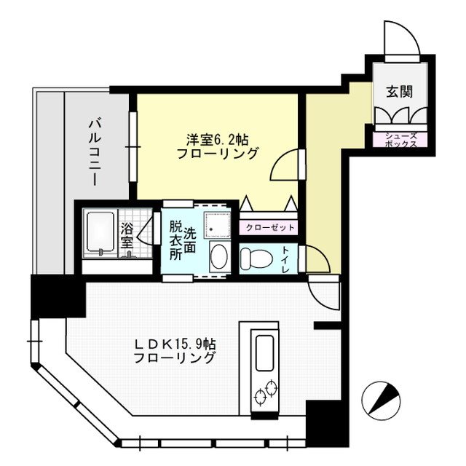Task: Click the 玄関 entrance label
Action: pos(399,92)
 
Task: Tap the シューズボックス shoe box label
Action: pos(400,139)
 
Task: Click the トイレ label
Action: pos(285,260)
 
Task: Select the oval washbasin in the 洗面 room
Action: pos(218,256)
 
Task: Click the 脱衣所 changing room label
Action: pos(175,241)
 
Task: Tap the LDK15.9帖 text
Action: pos(175,343)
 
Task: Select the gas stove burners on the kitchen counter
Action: pos(264,392)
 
